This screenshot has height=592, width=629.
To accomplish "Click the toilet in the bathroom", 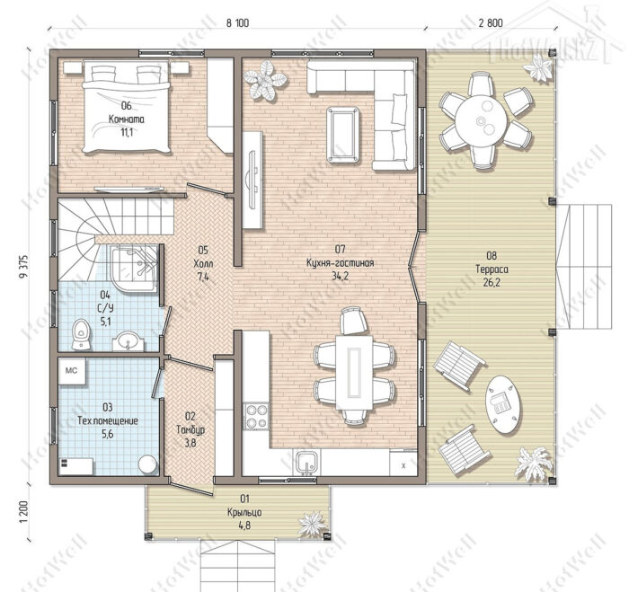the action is pyautogui.click(x=82, y=334).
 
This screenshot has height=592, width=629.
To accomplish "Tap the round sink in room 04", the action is pyautogui.click(x=128, y=341).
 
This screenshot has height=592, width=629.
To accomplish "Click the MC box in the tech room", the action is pyautogui.click(x=72, y=371).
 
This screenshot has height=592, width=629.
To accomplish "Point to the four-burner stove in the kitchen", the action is pyautogui.click(x=256, y=416).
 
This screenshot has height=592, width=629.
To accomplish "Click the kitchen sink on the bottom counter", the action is pyautogui.click(x=307, y=463).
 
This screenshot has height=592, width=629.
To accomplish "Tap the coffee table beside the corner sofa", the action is pyautogui.click(x=342, y=135).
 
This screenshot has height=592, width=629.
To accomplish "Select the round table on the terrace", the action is pyautogui.click(x=481, y=119).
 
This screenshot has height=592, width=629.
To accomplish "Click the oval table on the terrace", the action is pyautogui.click(x=503, y=404).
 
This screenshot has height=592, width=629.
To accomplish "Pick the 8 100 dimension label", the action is pyautogui.click(x=237, y=23).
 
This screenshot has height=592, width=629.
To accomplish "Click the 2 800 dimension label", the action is pyautogui.click(x=491, y=22).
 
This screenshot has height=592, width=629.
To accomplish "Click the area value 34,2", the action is pyautogui.click(x=341, y=276).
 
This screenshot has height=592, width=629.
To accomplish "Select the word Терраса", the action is pyautogui.click(x=492, y=269).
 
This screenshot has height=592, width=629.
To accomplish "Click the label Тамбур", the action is pyautogui.click(x=190, y=429).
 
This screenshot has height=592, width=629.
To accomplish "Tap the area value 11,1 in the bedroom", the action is pyautogui.click(x=126, y=133).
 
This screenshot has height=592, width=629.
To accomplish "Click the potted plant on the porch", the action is pyautogui.click(x=313, y=524).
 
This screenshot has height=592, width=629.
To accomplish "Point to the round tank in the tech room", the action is pyautogui.click(x=148, y=464).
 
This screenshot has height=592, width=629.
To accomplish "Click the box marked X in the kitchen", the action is pyautogui.click(x=403, y=465).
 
